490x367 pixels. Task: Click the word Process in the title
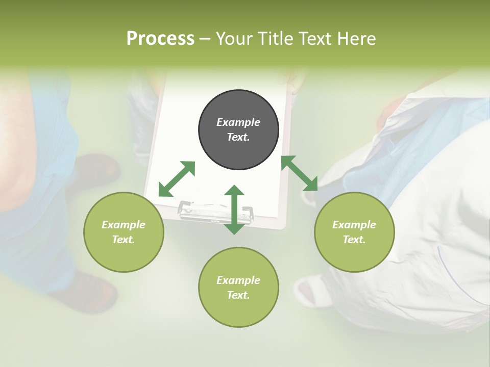pyautogui.click(x=160, y=39)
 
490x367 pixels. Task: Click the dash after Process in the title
pyautogui.click(x=205, y=39)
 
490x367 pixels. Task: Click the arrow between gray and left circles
pyautogui.click(x=177, y=179)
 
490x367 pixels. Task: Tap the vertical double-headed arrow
pyautogui.click(x=234, y=209)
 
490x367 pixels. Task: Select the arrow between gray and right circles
pyautogui.click(x=300, y=173)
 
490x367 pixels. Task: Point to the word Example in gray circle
pyautogui.click(x=238, y=122)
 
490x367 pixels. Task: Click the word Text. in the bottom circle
pyautogui.click(x=238, y=295)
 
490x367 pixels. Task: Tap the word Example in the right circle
pyautogui.click(x=354, y=225)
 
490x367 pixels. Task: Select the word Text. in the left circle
pyautogui.click(x=124, y=240)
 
